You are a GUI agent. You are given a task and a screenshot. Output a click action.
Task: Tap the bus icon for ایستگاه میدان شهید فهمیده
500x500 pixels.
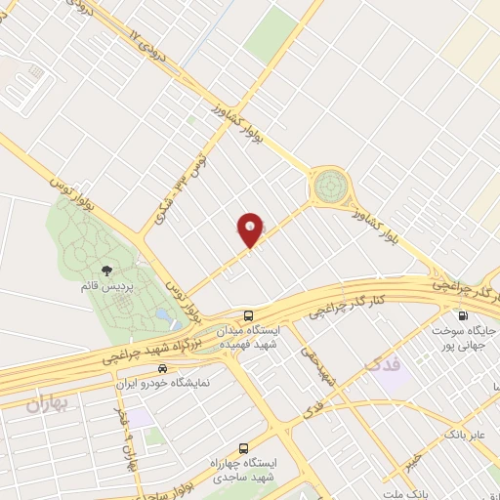pos(250,315)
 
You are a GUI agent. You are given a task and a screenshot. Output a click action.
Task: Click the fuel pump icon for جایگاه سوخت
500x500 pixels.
pos(463,315)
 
